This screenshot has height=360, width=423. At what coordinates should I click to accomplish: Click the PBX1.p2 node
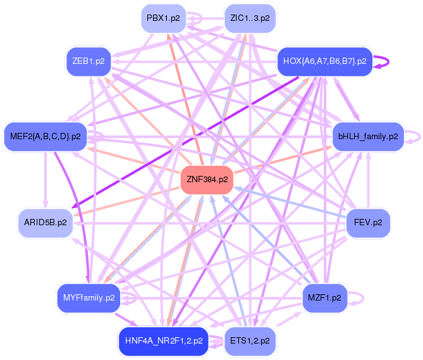point(163,18)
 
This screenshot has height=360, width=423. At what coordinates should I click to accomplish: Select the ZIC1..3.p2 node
point(250,18)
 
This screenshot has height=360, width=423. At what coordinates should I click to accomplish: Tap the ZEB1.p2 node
point(89,61)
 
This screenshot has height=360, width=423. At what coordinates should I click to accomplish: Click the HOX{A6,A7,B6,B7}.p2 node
point(324,61)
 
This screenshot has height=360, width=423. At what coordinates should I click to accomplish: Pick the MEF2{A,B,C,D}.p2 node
point(46,136)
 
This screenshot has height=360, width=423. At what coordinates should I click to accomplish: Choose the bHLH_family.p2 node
point(368,136)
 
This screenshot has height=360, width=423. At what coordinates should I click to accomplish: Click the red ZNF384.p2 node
point(207,179)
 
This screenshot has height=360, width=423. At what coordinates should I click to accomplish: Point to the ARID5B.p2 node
point(45,223)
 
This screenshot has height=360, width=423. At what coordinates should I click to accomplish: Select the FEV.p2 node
point(368,223)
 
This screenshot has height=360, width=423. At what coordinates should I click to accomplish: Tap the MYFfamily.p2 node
point(89,297)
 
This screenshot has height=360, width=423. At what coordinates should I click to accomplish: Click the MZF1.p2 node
point(324,297)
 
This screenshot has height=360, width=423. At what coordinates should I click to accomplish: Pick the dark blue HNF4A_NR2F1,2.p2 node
point(164,340)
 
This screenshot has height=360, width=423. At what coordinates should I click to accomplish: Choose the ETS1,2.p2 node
point(250,340)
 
